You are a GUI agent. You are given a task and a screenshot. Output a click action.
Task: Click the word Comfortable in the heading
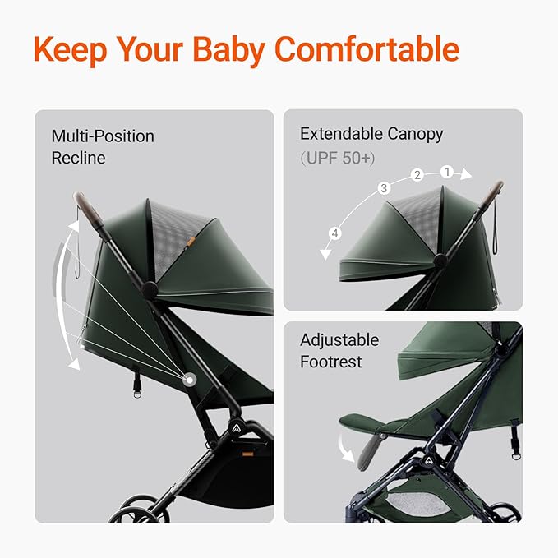[366, 49]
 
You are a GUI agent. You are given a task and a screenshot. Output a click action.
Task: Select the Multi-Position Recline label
[102, 146]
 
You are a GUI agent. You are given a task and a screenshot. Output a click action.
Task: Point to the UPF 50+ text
[339, 156]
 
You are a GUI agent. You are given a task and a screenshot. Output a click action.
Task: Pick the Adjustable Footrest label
[339, 351]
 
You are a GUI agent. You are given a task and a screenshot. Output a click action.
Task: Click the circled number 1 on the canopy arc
[447, 173]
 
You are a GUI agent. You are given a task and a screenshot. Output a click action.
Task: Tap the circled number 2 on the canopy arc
[417, 175]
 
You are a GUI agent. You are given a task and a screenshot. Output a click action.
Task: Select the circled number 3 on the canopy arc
[383, 188]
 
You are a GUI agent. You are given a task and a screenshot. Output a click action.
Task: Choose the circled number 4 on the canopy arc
[334, 234]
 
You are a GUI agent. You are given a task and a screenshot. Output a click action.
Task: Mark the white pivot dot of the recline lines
[190, 380]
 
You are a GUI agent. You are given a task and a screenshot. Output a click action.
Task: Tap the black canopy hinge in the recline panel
[149, 289]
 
